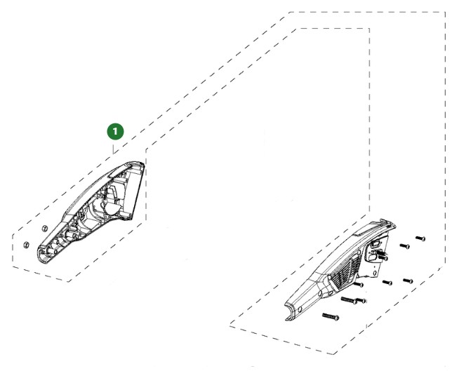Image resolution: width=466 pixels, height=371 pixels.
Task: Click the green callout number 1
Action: [115, 131]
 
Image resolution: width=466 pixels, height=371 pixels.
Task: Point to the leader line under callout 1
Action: [113, 149]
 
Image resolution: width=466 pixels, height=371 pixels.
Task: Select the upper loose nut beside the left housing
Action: [44, 229]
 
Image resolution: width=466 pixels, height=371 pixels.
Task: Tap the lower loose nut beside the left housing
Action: [27, 245]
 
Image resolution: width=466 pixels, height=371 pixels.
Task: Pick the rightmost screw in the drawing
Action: [420, 238]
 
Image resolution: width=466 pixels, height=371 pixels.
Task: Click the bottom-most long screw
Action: [331, 316]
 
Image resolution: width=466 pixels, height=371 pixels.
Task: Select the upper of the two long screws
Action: [349, 301]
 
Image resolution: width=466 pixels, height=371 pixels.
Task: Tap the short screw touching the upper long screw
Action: [362, 301]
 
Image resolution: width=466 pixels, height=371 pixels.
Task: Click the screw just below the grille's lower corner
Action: [359, 285]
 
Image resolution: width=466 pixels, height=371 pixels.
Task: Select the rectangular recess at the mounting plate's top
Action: [375, 245]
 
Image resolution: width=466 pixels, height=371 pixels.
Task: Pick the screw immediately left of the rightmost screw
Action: [405, 246]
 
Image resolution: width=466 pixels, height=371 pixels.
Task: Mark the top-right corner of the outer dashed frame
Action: [445, 12]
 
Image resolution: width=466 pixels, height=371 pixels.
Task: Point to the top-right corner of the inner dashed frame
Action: [369, 29]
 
